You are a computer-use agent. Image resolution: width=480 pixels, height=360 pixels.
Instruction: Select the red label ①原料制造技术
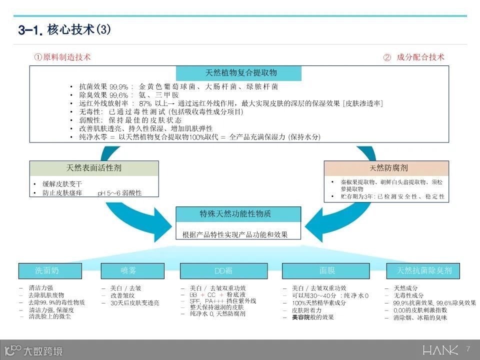pos(62,57)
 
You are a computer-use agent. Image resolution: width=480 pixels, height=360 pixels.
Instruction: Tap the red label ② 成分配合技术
pos(413,57)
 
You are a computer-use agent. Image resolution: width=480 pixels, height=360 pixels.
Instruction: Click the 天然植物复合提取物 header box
pos(238,73)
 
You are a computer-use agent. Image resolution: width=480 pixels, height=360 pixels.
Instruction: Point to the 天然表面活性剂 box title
pos(94,168)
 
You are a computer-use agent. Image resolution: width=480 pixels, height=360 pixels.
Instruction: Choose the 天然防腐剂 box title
pos(386,168)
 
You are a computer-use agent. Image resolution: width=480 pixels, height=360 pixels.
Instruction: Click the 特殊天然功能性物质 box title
pos(238,214)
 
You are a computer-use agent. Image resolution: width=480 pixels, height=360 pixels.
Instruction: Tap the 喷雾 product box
pos(128,271)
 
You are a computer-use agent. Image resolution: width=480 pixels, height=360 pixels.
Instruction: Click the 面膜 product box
pos(327,271)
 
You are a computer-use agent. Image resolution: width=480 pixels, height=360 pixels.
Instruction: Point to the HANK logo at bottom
pos(440,350)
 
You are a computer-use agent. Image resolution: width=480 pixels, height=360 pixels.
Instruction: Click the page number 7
pos(468,348)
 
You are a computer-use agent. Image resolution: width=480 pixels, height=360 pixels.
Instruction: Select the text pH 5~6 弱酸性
pos(120,192)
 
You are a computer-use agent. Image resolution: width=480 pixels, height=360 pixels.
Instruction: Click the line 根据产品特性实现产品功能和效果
pos(235,234)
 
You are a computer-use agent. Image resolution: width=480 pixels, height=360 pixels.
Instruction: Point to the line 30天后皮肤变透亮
pos(135,303)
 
